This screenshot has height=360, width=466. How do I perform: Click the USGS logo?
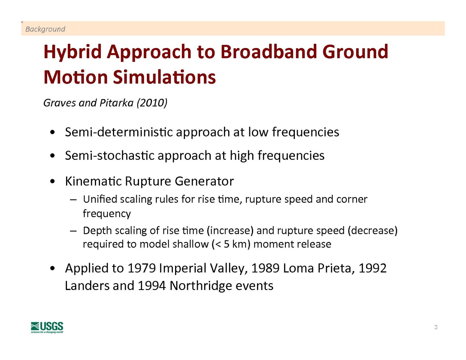point(47,327)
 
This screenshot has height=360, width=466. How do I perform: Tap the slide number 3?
point(436,327)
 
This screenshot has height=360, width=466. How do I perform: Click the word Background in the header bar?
point(45,29)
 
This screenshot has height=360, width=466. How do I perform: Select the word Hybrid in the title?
point(72,52)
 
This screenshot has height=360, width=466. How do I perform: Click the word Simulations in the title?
point(164,77)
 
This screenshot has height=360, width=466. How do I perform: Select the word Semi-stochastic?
point(110,155)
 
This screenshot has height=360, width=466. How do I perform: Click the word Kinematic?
point(93,181)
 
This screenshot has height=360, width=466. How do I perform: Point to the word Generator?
point(204,181)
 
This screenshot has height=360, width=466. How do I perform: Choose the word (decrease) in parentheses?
point(373,231)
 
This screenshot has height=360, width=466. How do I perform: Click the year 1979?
point(141,268)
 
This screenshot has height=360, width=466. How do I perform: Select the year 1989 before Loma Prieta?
point(265,268)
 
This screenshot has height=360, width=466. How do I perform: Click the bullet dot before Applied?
point(52,268)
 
